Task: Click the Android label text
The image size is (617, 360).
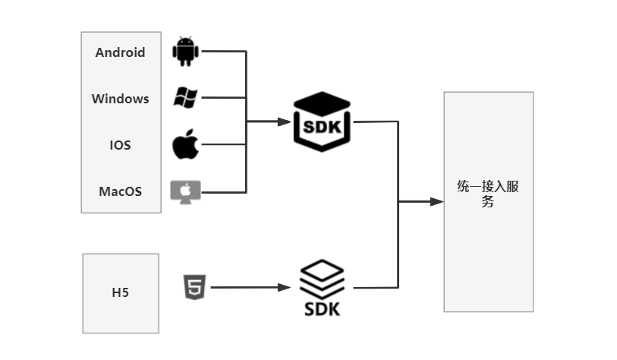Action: pos(120,52)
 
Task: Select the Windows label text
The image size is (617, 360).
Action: pos(120,99)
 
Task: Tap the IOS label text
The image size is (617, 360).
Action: pos(120,144)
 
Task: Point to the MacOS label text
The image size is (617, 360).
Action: pos(120,191)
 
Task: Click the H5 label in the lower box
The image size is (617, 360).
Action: pos(120,292)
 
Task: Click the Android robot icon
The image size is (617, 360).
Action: pos(185,51)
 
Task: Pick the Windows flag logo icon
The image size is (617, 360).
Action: pos(185,96)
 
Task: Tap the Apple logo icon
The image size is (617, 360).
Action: pos(185,144)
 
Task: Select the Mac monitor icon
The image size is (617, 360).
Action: pos(185,191)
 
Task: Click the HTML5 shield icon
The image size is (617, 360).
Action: pos(193,287)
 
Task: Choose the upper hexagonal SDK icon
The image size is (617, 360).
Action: pos(321,122)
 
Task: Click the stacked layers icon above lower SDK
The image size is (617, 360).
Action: pos(322,279)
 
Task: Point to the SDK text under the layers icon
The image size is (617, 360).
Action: pos(322,309)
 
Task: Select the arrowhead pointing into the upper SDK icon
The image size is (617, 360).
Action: pos(286,122)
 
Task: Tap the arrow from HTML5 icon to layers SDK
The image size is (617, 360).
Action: pos(250,287)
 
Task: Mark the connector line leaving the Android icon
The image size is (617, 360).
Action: pos(224,52)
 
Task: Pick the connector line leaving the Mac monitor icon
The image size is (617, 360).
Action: pos(224,191)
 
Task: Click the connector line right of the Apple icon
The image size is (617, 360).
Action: pos(224,144)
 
